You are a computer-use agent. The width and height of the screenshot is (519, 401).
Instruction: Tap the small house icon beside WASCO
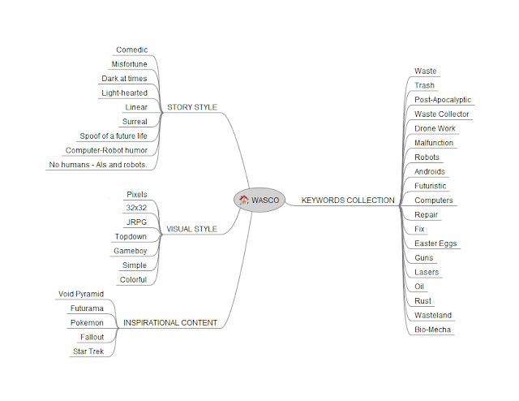[243, 200]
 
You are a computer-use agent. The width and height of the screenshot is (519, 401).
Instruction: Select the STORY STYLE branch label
[191, 107]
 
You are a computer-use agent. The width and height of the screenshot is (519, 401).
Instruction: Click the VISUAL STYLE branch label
[191, 229]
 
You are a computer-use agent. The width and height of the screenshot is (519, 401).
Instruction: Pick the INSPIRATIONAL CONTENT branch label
[169, 322]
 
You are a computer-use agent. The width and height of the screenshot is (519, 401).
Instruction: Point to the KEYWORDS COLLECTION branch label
[348, 200]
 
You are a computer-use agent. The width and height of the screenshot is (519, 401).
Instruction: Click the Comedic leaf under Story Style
[131, 50]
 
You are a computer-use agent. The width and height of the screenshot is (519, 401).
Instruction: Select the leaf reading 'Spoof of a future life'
[114, 136]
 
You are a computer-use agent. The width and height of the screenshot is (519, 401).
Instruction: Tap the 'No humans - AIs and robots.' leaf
[98, 165]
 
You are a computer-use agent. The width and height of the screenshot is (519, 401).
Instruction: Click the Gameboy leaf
[131, 251]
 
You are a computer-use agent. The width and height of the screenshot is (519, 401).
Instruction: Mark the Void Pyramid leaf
[81, 294]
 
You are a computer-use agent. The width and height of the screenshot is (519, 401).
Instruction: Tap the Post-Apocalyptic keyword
[442, 100]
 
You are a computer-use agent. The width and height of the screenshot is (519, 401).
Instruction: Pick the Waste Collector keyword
[441, 114]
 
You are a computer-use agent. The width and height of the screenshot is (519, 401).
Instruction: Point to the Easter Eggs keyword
[436, 244]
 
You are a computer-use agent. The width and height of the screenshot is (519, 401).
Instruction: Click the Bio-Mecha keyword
[432, 330]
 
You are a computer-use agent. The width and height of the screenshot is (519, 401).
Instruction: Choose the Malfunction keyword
[434, 143]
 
